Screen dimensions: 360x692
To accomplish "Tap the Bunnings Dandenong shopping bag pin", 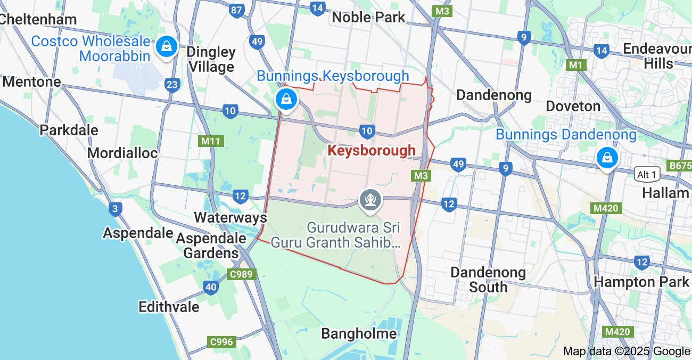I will tap(606, 157).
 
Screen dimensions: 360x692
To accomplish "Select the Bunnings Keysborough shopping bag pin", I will tap(286, 100).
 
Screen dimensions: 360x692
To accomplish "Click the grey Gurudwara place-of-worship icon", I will tap(370, 200).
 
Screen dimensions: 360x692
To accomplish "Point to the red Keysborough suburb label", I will tap(372, 151).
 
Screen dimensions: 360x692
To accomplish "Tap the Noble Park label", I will tap(368, 17).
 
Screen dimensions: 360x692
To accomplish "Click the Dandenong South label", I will tap(488, 280).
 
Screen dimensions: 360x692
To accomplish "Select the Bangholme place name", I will tap(359, 334).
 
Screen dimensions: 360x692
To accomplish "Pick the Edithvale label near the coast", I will tap(169, 307).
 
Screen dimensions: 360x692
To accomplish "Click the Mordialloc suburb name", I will tap(122, 153).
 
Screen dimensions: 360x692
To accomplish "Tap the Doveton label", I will tap(574, 106).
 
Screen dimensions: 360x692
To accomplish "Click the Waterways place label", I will tap(230, 217).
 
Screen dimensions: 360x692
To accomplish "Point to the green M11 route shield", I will tap(211, 141).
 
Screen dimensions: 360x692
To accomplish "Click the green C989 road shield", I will tap(242, 274).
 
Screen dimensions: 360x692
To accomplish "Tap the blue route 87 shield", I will tap(236, 10).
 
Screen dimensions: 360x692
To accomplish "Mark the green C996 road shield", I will tap(221, 341).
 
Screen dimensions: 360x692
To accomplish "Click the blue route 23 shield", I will tap(172, 85).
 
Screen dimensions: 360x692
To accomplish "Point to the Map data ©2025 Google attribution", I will tap(626, 351).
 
